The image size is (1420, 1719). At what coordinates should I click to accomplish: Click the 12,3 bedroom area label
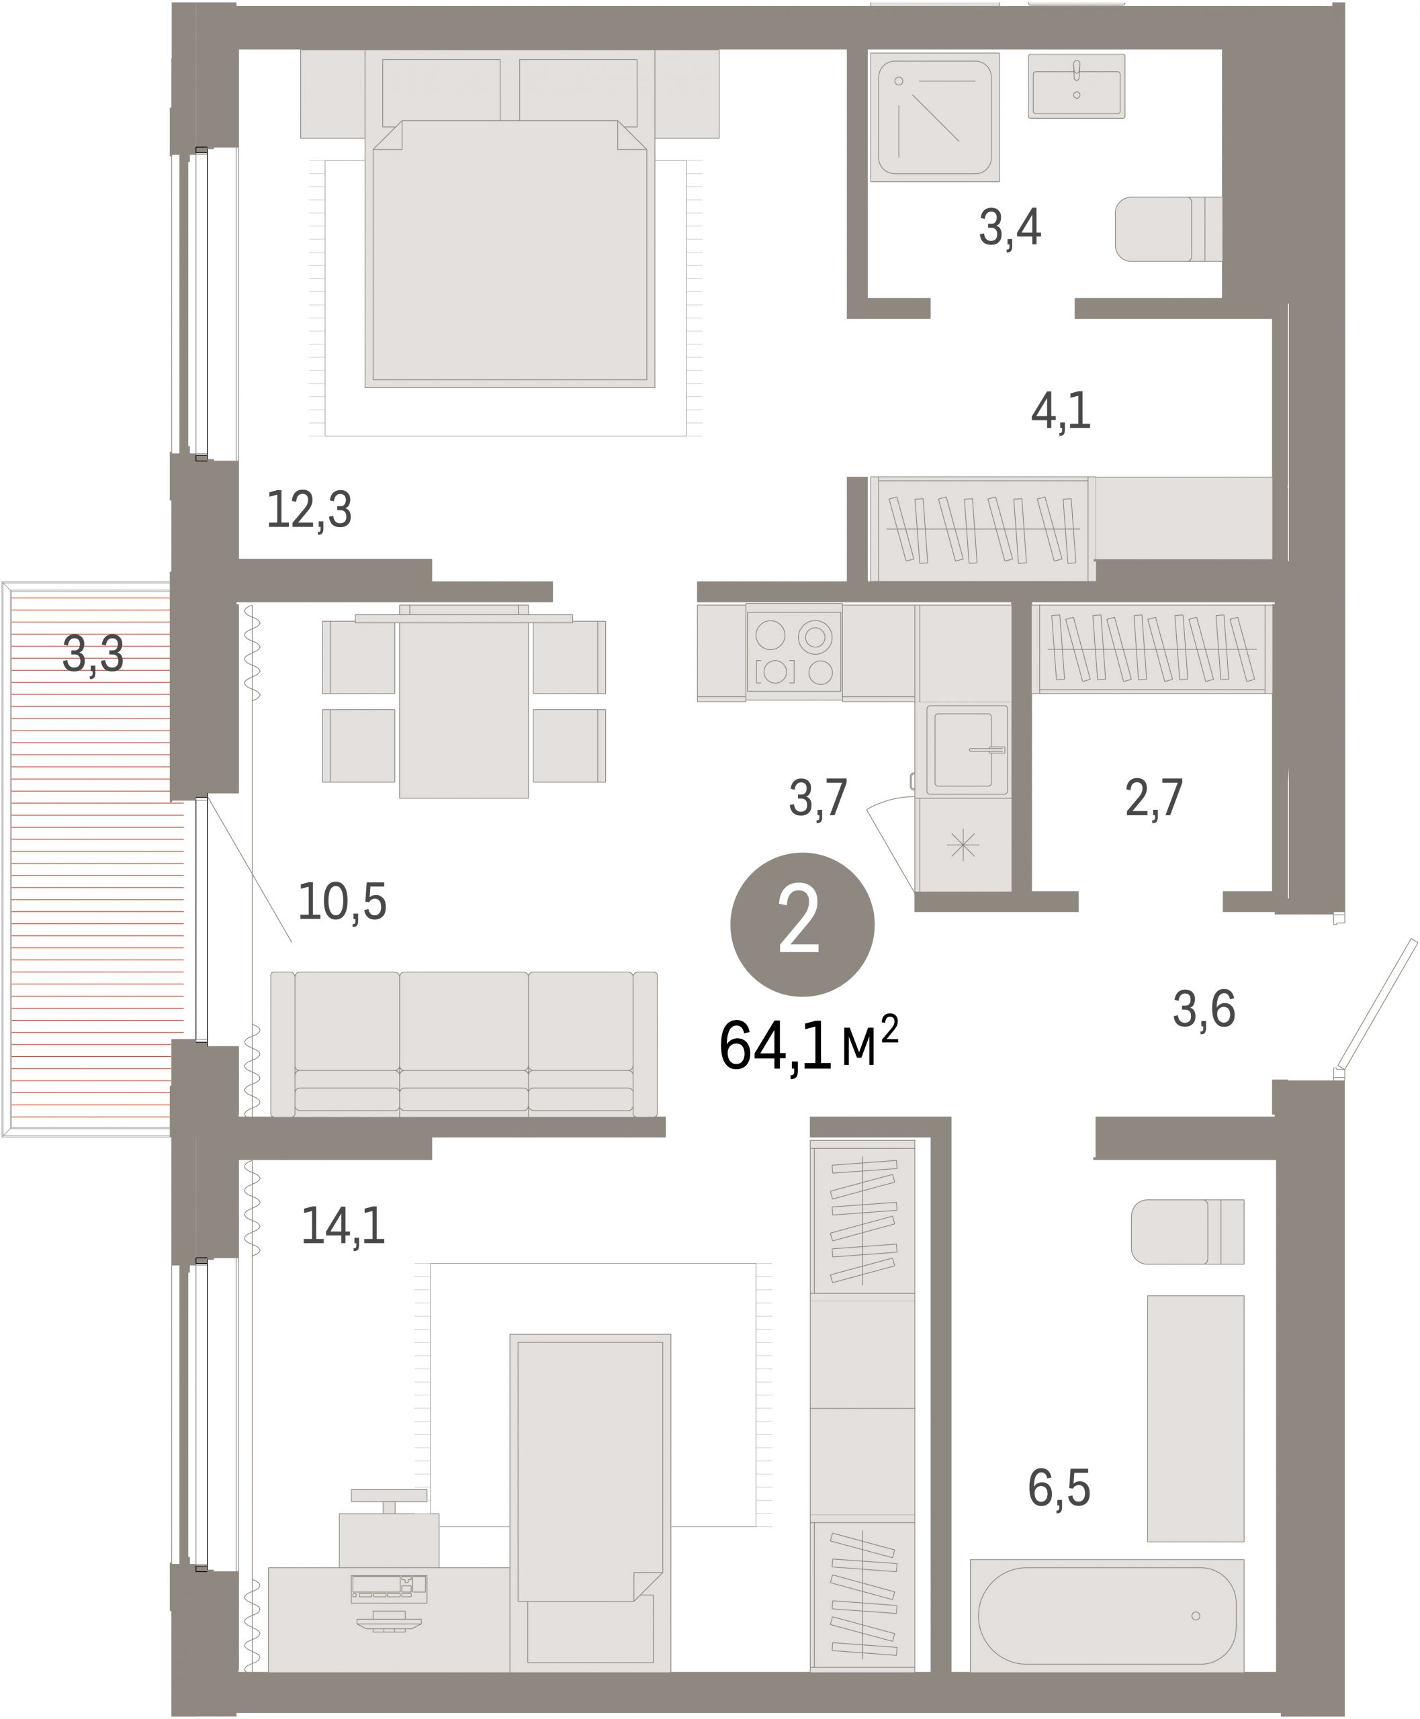[x=309, y=510]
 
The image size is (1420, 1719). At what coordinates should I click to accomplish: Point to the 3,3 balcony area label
[x=93, y=654]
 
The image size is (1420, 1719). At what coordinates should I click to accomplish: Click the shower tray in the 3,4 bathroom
[x=935, y=117]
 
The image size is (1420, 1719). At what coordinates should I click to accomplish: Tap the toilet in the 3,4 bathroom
[x=1169, y=229]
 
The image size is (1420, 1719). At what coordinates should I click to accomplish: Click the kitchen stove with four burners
[x=793, y=653]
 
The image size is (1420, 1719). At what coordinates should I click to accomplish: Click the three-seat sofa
[x=463, y=1043]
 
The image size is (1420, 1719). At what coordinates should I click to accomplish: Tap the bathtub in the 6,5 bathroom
[x=1107, y=1615]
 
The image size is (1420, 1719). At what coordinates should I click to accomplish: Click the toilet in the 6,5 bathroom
[x=1188, y=1232]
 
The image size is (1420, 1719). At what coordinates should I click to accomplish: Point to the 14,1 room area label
[x=343, y=1227]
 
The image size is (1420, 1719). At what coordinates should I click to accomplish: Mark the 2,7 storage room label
[x=1154, y=798]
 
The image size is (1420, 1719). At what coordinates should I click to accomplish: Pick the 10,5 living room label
[x=342, y=902]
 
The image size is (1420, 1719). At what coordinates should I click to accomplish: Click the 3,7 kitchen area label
[x=818, y=798]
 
